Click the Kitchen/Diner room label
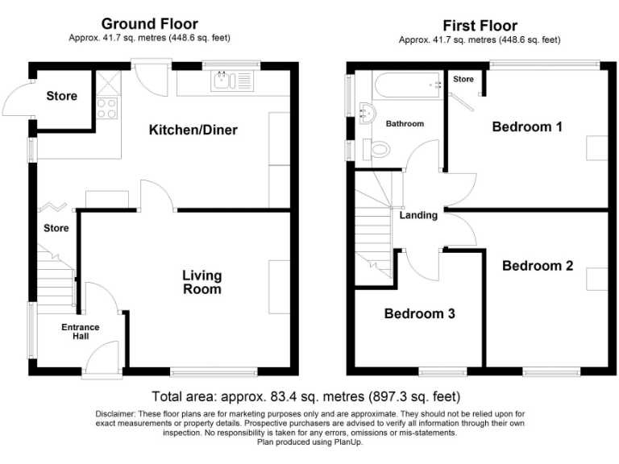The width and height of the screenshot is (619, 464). click(x=192, y=129)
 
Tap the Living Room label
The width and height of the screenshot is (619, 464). click(x=201, y=282)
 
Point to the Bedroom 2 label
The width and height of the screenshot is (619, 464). click(x=538, y=265)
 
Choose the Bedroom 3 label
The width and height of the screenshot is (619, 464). click(x=419, y=313)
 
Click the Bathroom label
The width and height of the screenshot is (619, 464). click(x=404, y=124)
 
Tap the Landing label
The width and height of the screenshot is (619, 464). click(x=418, y=215)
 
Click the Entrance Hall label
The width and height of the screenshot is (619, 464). click(x=81, y=332)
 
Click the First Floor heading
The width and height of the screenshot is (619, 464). click(x=480, y=25)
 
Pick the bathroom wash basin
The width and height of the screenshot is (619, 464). click(x=370, y=112)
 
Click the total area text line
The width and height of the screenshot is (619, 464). click(x=305, y=396)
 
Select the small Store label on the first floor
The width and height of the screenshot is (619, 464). click(x=463, y=79)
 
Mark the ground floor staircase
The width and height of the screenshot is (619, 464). click(x=56, y=278)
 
